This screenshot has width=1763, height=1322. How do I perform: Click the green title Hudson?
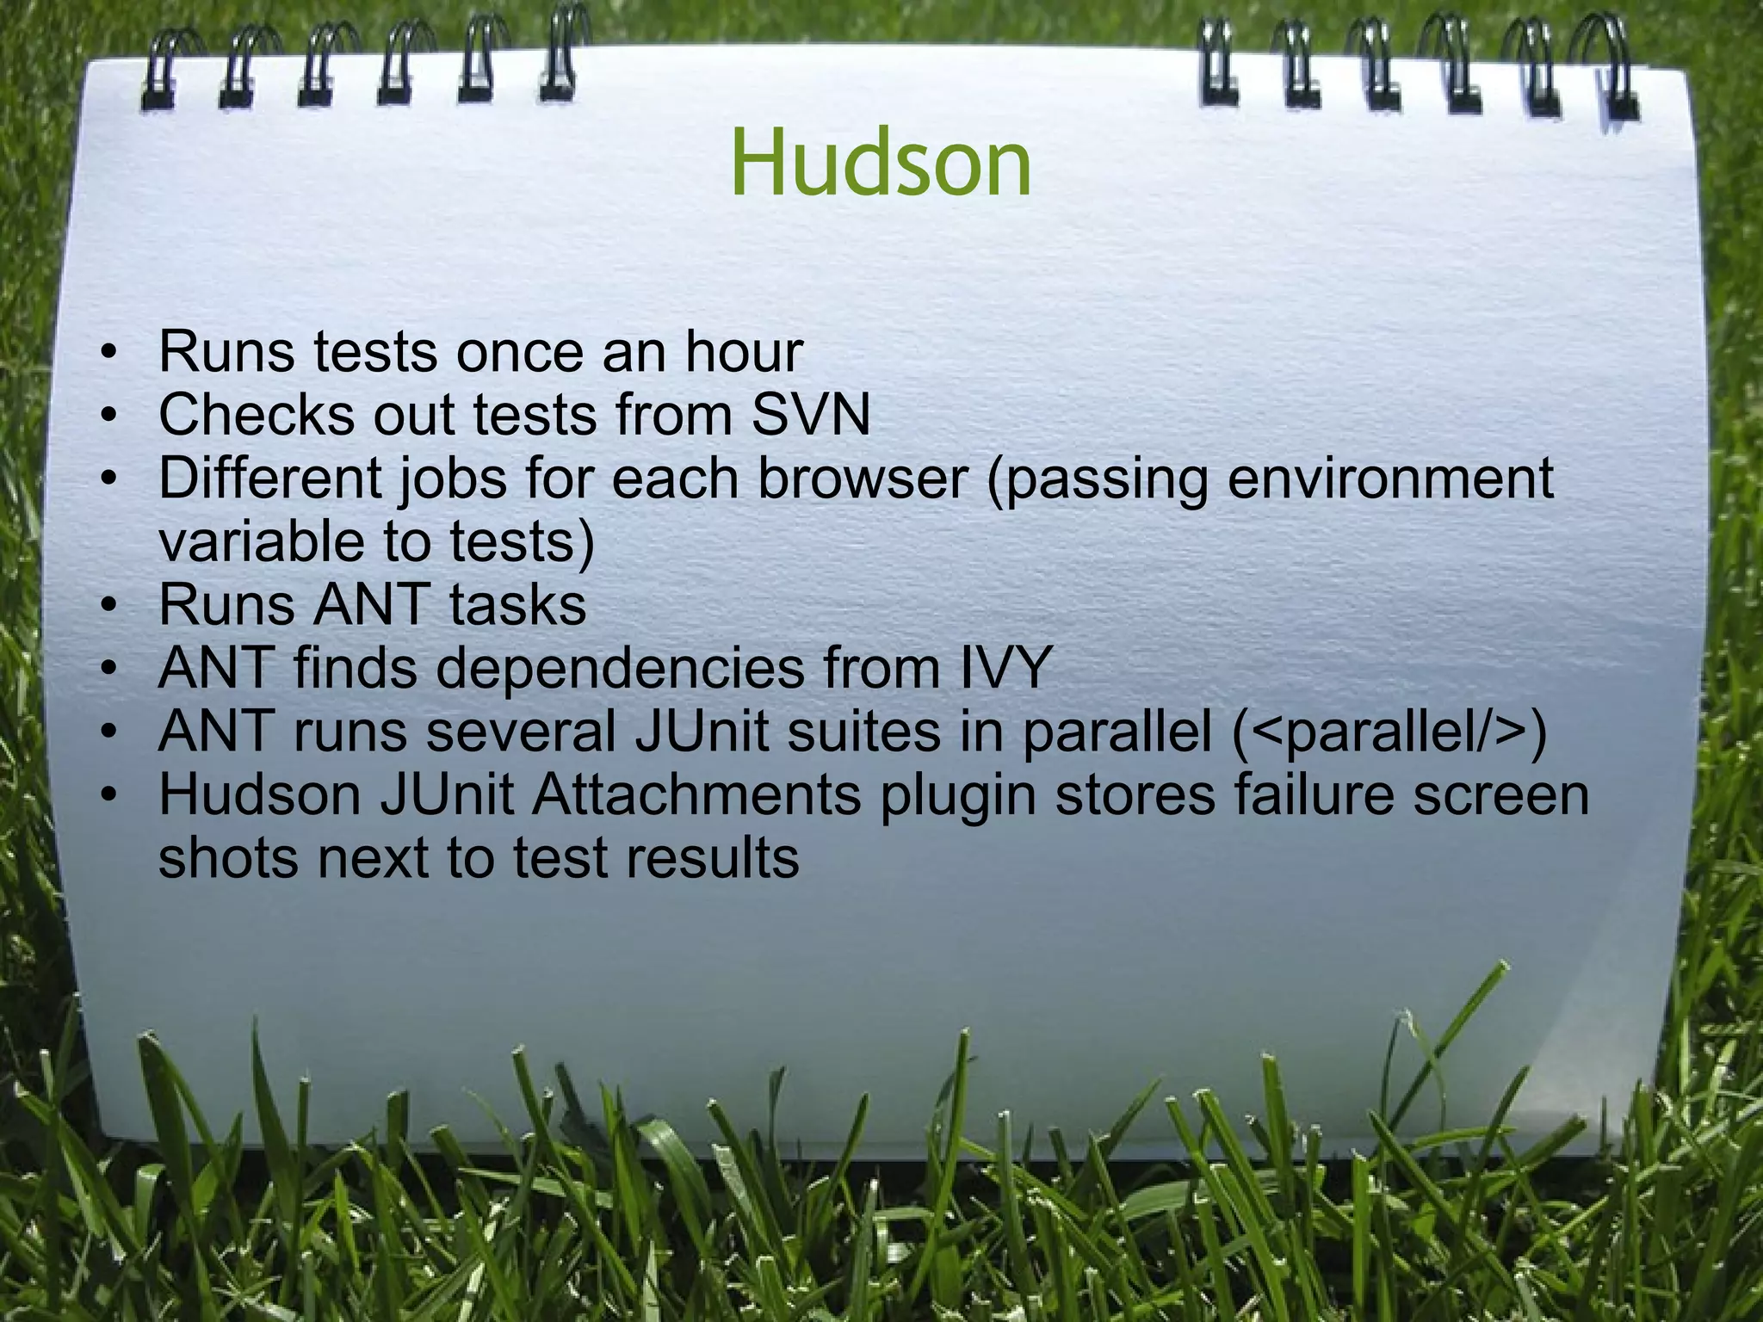pyautogui.click(x=881, y=163)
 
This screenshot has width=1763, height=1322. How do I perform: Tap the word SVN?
pyautogui.click(x=811, y=415)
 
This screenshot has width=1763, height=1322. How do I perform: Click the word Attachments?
pyautogui.click(x=696, y=795)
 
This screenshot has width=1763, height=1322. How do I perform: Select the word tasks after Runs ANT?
pyautogui.click(x=517, y=605)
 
